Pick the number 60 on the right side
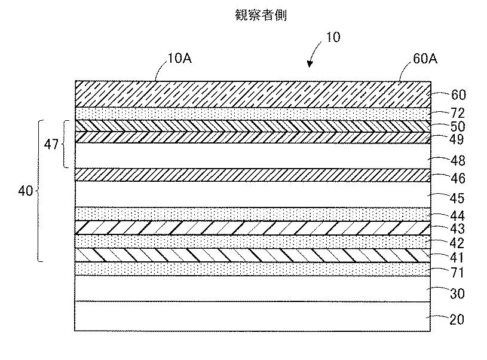click(457, 94)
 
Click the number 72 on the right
click(457, 112)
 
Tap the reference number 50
click(457, 127)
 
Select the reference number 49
click(457, 141)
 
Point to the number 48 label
click(457, 160)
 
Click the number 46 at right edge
click(457, 178)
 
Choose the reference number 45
click(457, 198)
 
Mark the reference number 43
click(457, 229)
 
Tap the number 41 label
click(457, 258)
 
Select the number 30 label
click(457, 294)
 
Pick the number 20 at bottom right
click(457, 319)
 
